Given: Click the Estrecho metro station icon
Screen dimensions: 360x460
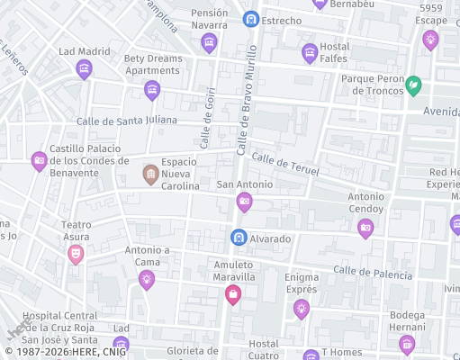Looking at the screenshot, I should point(251,19).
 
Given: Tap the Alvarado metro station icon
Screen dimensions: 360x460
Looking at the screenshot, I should point(239,238).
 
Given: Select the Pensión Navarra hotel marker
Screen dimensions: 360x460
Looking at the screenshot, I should point(210,42).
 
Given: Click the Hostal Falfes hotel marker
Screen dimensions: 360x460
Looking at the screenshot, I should point(310,53).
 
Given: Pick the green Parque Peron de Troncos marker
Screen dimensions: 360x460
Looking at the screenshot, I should point(413,85).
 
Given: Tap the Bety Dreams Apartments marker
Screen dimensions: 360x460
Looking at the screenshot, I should point(152,89).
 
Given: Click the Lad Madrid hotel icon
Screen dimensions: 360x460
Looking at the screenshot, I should point(85,68).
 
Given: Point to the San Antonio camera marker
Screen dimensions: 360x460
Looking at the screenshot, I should point(244,202).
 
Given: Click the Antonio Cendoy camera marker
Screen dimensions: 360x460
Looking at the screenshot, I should point(365,228).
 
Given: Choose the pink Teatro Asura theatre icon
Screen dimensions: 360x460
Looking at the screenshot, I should point(77,255).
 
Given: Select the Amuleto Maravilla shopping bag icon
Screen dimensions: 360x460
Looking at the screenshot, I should point(233,294).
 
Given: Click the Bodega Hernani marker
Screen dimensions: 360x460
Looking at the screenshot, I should point(407,343).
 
